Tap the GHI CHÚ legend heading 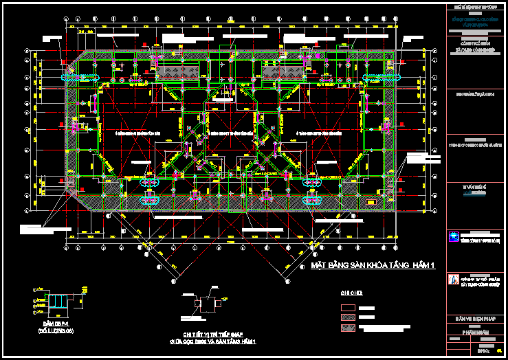(351, 293)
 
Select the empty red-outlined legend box (349, 308)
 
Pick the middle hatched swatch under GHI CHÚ (349, 318)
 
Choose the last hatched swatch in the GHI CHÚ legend (349, 328)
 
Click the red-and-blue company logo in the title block (452, 280)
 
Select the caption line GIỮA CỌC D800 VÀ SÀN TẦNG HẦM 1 (213, 341)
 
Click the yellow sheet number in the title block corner (500, 350)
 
